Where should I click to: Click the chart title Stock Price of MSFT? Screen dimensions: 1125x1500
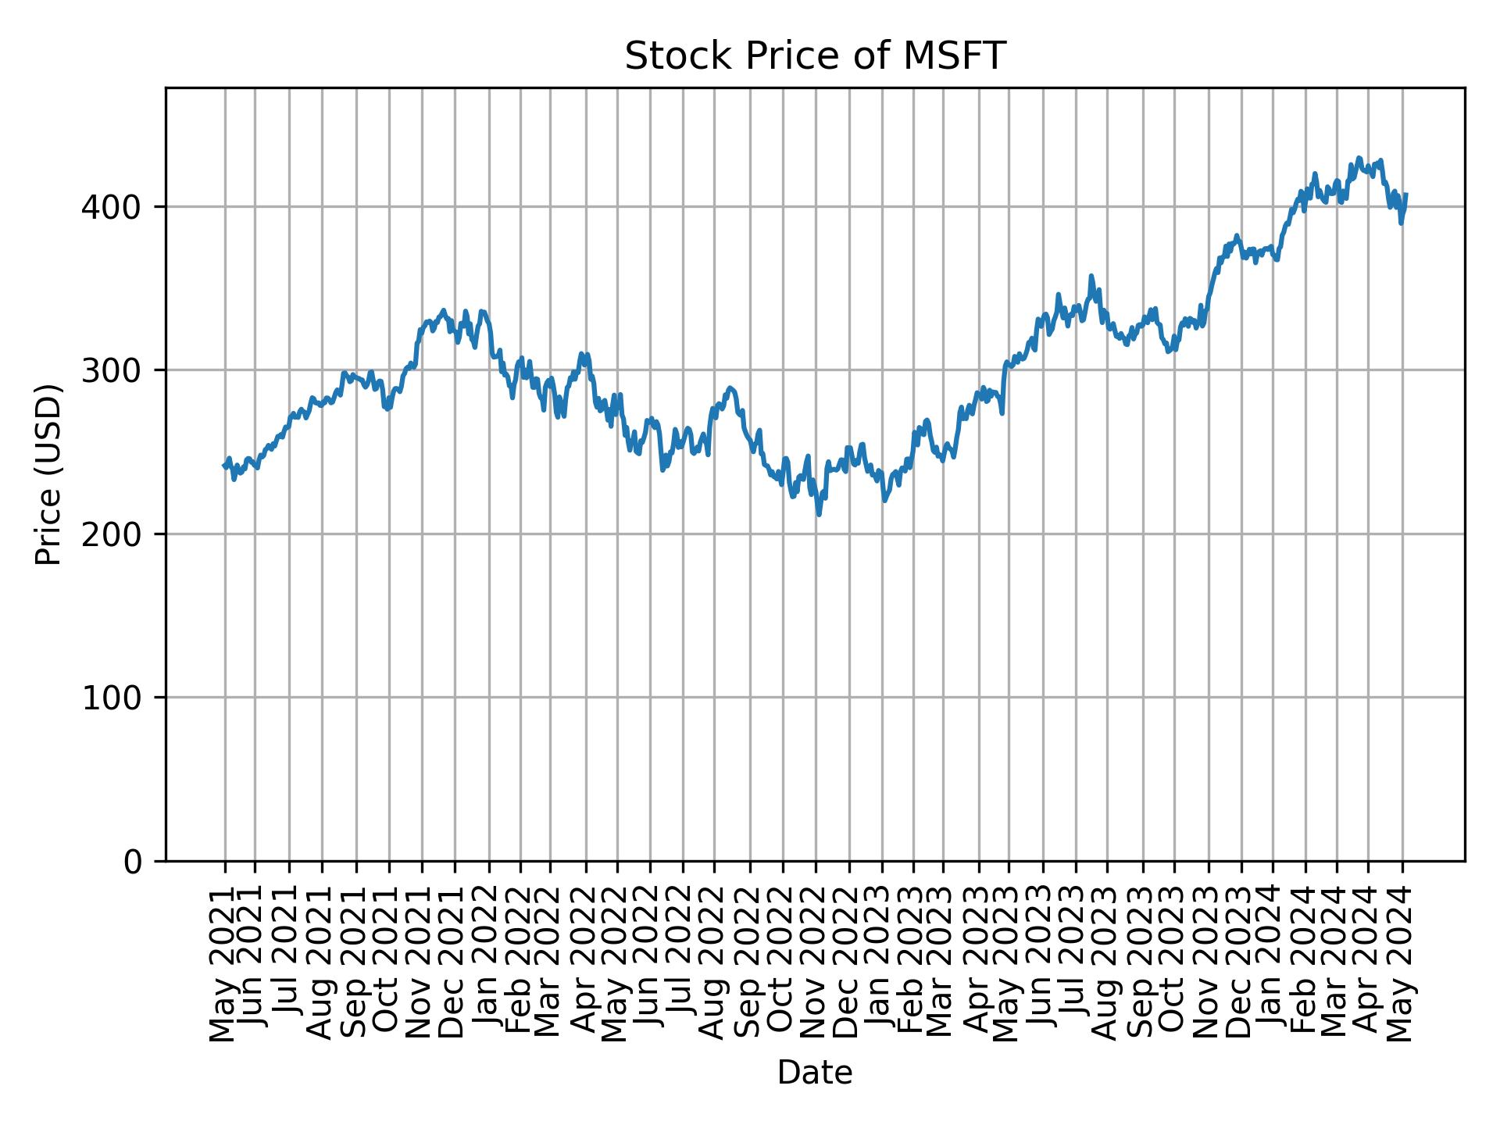coord(814,56)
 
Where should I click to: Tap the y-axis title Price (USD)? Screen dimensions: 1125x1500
coord(48,474)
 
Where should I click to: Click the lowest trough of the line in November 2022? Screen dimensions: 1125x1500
coord(819,515)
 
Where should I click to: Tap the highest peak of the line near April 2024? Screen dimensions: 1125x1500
coord(1359,159)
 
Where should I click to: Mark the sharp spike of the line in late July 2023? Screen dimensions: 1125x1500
coord(1091,276)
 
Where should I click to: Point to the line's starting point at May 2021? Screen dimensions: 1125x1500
coord(225,466)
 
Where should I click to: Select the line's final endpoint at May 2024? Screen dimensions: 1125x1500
coord(1406,195)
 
